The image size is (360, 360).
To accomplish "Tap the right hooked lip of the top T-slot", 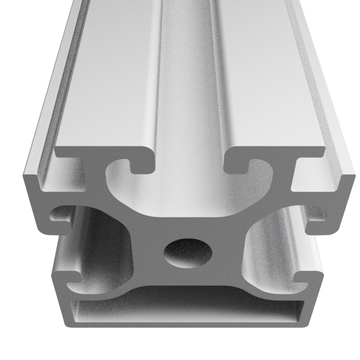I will pyautogui.click(x=238, y=166).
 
